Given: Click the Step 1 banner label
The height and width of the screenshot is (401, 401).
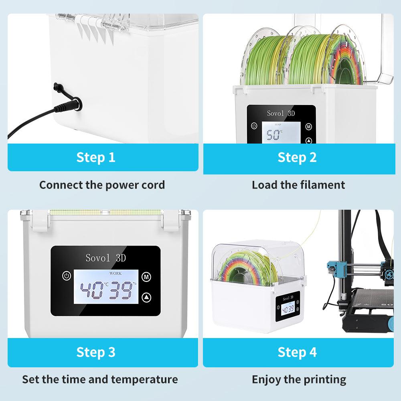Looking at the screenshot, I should (96, 157).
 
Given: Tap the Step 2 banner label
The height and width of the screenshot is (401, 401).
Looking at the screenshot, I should (297, 157).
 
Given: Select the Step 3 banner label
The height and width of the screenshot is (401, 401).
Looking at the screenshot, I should (96, 352).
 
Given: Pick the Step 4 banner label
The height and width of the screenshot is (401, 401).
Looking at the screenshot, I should (297, 352).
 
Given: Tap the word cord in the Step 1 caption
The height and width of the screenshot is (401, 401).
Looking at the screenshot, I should (151, 185).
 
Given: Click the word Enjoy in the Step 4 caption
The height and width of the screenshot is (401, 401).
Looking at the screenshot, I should (265, 379).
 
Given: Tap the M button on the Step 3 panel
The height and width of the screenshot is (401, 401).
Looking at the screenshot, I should (147, 276).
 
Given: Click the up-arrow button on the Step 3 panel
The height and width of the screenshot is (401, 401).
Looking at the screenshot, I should (147, 297).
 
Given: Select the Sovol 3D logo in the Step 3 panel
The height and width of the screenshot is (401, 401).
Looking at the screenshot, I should (105, 258).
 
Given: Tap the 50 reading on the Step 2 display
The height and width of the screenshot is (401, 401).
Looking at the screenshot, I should (274, 135).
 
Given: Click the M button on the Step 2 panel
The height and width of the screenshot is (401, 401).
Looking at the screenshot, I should (308, 126).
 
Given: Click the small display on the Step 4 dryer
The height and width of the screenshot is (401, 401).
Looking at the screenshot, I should (288, 309).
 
